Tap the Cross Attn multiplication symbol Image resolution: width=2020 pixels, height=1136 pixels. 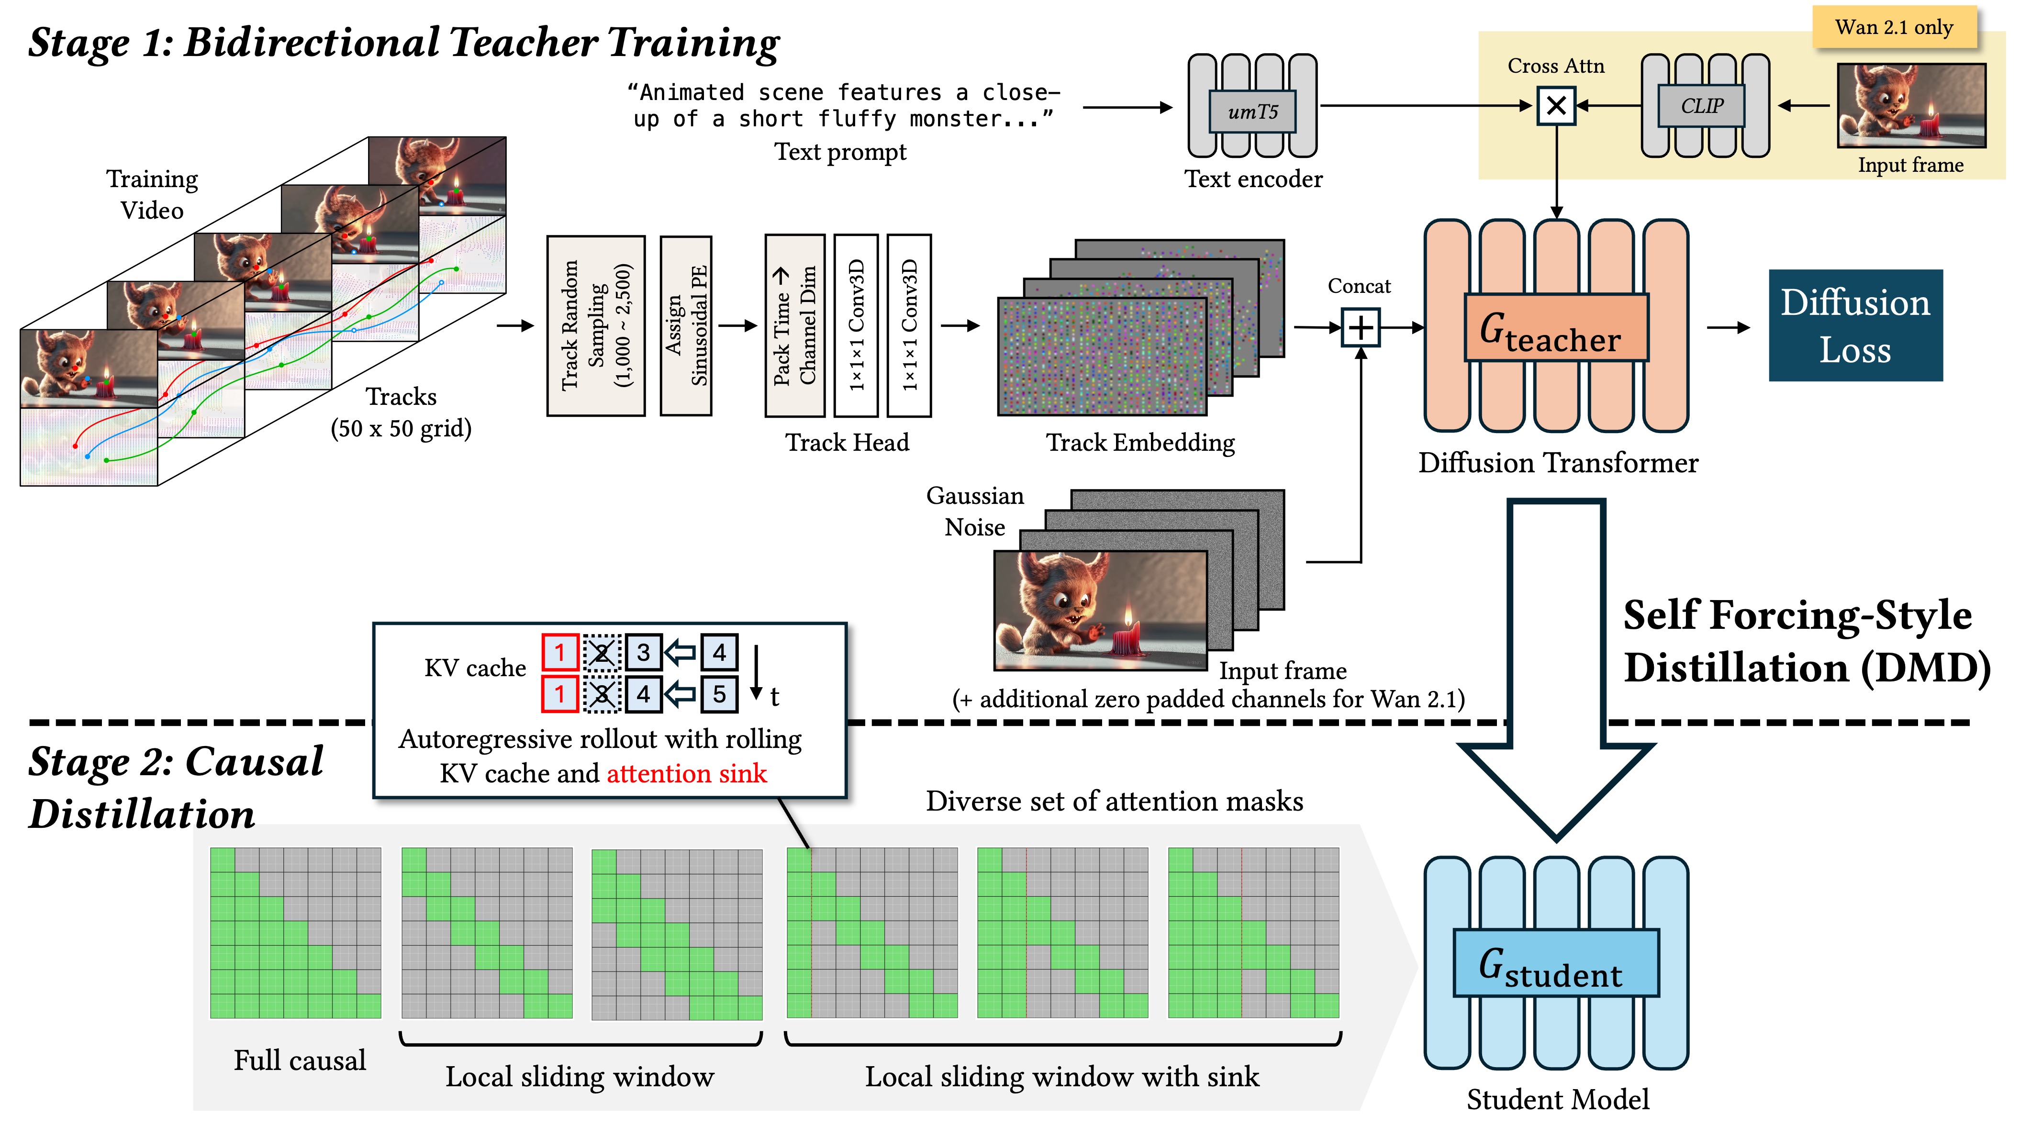pos(1556,106)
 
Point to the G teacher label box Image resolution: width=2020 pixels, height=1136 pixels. pos(1556,328)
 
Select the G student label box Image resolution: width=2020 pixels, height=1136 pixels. pos(1556,963)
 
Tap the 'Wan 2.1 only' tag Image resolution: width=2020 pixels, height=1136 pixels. pos(1893,27)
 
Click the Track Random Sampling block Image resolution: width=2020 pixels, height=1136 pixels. pos(596,325)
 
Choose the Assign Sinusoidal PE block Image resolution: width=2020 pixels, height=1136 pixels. pos(686,325)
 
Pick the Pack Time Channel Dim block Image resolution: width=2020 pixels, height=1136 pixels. pos(794,325)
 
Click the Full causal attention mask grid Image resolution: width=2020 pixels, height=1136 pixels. pos(296,933)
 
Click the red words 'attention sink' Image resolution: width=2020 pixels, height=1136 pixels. pos(686,774)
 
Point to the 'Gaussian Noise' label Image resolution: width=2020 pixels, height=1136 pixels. pos(975,511)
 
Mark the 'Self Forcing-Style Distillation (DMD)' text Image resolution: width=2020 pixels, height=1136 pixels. pos(1804,641)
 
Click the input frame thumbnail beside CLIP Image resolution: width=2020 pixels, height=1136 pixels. pos(1911,106)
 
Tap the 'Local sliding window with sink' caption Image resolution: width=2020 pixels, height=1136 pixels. pos(1062,1076)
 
